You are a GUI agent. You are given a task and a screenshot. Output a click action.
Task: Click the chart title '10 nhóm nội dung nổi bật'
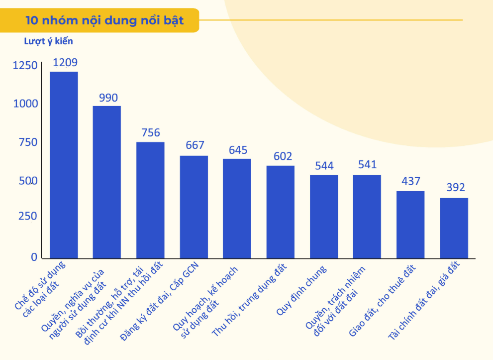[104, 20]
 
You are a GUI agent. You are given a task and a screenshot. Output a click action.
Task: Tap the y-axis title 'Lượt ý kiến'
[48, 41]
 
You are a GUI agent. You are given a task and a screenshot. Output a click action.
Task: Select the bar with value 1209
[64, 164]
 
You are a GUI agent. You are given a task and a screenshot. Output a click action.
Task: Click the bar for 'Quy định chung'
[324, 216]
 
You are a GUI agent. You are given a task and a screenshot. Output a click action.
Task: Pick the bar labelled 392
[454, 228]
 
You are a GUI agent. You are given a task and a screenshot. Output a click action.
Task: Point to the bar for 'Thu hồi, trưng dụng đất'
[281, 212]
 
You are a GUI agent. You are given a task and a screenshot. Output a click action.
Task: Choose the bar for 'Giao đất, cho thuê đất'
[410, 224]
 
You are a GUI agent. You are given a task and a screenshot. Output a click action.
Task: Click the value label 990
[108, 98]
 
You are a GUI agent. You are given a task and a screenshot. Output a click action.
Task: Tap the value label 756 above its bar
[151, 133]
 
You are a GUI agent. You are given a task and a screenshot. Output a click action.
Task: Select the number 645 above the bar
[238, 150]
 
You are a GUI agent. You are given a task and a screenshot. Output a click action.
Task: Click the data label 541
[367, 165]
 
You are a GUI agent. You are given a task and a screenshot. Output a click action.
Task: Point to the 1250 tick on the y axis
[25, 66]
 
